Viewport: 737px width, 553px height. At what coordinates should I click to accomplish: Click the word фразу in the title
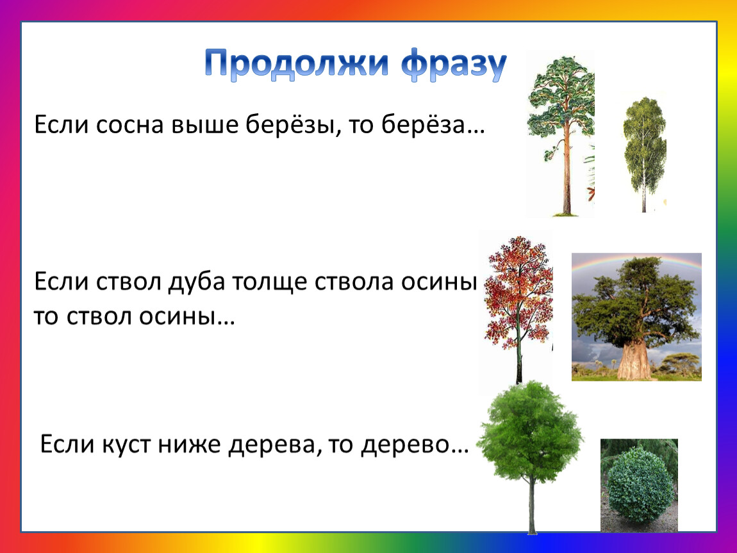[x=454, y=64]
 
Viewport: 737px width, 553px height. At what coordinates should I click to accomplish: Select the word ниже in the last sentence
[x=189, y=444]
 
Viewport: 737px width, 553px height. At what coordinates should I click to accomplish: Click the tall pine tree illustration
[x=561, y=134]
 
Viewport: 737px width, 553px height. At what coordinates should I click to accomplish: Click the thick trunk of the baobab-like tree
[x=634, y=360]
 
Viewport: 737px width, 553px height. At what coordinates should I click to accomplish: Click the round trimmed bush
[x=640, y=485]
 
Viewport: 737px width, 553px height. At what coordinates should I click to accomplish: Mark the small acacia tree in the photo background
[x=680, y=364]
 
